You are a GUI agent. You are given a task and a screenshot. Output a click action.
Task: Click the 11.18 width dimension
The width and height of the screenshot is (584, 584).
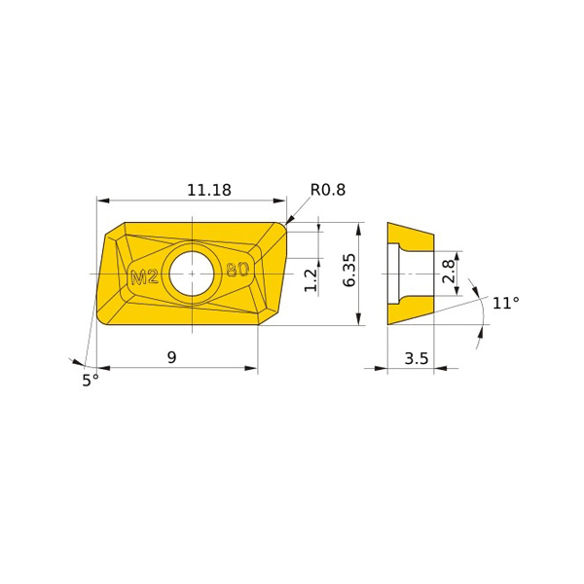209,190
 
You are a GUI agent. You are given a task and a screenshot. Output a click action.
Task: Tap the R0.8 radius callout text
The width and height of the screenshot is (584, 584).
328,190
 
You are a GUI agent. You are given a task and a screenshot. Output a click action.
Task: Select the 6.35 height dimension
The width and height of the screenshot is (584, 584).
349,271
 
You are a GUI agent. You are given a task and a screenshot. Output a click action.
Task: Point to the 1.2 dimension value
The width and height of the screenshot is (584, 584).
310,280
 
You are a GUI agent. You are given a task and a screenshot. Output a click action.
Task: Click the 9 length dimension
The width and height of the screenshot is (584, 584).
171,357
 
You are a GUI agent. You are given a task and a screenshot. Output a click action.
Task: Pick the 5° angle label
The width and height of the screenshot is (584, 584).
91,381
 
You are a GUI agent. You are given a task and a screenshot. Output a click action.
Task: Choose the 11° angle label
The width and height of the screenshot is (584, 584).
506,303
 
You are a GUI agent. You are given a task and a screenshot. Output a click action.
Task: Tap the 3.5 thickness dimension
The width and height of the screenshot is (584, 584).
417,358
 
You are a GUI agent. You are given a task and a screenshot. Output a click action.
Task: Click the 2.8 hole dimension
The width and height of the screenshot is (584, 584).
449,272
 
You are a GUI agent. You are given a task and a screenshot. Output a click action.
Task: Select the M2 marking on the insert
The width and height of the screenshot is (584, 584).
145,277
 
